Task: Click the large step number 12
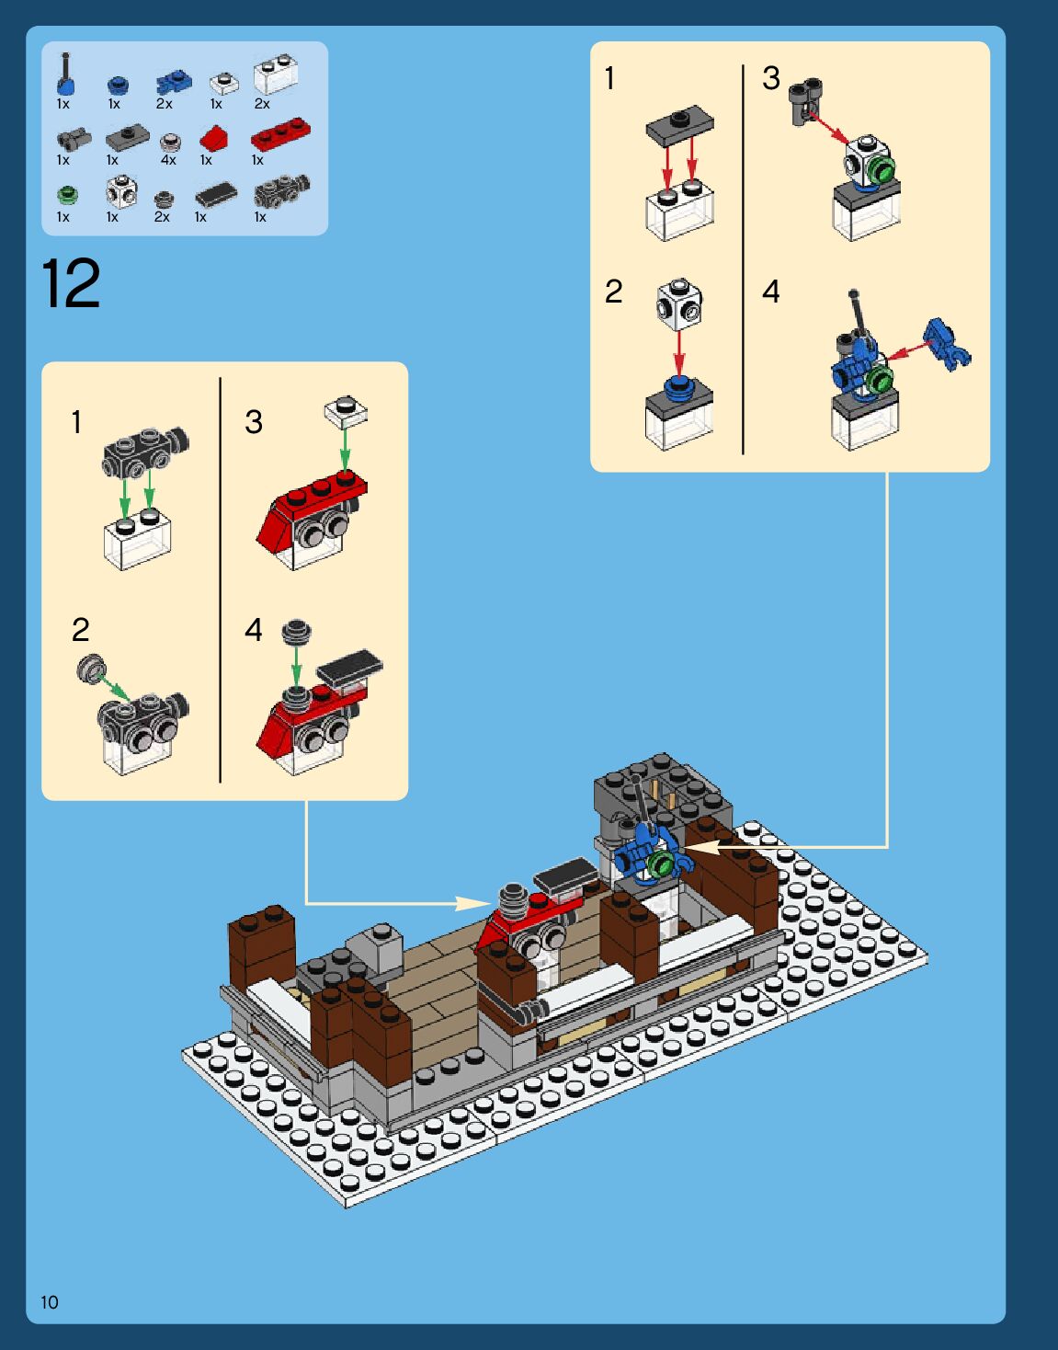pos(71,283)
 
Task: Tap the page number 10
pos(50,1302)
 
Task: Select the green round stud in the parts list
pos(67,195)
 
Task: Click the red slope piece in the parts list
pos(213,138)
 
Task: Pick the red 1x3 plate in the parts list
pos(280,133)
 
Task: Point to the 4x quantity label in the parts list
pos(168,160)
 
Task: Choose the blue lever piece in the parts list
pos(66,74)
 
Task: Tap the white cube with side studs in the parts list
pos(121,191)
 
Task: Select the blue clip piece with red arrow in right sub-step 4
pos(948,344)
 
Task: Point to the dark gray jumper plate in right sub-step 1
pos(680,125)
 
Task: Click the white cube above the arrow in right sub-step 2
pos(679,303)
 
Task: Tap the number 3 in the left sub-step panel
pos(254,422)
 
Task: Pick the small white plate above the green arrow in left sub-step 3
pos(346,411)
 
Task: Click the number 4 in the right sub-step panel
pos(770,291)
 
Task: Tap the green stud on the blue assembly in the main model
pos(661,863)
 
